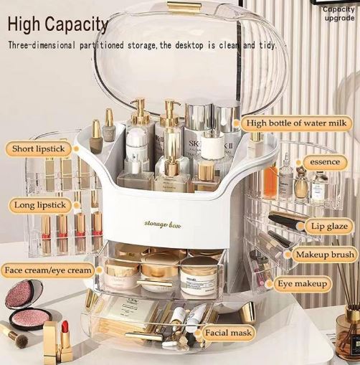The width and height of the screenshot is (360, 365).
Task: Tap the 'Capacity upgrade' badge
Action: coord(338,14)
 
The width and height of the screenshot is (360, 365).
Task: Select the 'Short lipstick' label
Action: coord(39,149)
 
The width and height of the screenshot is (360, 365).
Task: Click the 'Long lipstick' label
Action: coord(40,206)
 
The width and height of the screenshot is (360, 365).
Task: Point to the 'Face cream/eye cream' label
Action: coord(48,270)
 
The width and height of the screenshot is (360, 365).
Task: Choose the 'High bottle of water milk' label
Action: coord(296,123)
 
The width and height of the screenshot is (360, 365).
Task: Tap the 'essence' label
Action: coord(324,163)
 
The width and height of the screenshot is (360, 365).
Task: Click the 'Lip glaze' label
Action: coord(328,227)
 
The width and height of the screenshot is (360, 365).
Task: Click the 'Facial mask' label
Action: coord(229,333)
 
